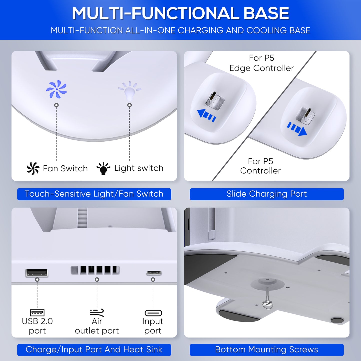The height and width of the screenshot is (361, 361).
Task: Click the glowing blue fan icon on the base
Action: pyautogui.click(x=56, y=89)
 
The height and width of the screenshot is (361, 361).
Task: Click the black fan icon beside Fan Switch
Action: pyautogui.click(x=33, y=168)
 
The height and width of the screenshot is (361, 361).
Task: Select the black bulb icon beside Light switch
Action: pyautogui.click(x=103, y=168)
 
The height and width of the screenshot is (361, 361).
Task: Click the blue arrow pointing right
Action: pyautogui.click(x=297, y=129)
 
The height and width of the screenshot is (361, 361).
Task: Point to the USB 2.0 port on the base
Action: pyautogui.click(x=37, y=273)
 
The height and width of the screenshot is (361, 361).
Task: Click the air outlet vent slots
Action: pyautogui.click(x=95, y=270)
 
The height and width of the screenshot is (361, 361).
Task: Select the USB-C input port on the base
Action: pyautogui.click(x=154, y=273)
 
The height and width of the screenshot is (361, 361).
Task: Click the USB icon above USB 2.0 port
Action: pyautogui.click(x=37, y=313)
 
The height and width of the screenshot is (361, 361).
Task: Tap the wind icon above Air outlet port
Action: pyautogui.click(x=97, y=313)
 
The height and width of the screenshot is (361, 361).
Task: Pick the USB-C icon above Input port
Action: pyautogui.click(x=153, y=313)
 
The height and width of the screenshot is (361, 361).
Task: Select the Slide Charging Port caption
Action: pyautogui.click(x=267, y=194)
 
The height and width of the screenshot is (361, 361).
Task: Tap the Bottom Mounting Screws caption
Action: pyautogui.click(x=267, y=350)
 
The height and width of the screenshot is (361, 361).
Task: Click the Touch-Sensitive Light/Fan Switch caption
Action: pyautogui.click(x=94, y=194)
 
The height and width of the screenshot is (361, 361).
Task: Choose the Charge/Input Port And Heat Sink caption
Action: pyautogui.click(x=94, y=350)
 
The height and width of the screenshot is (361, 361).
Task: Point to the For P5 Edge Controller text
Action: pyautogui.click(x=262, y=63)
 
